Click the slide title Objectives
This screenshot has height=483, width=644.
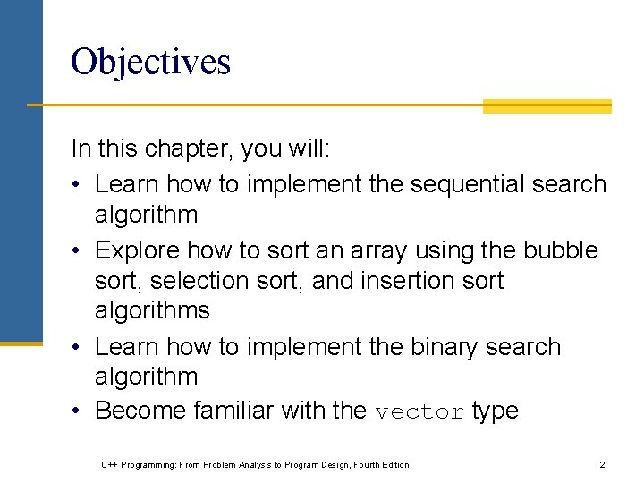[x=150, y=62]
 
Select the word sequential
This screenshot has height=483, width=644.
[x=467, y=184]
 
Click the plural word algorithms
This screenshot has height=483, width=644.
[x=152, y=311]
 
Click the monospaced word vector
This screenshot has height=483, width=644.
[x=419, y=412]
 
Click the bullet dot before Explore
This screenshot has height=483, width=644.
[x=78, y=251]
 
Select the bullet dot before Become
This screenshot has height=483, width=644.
[x=78, y=411]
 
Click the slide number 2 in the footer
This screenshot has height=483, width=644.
[x=602, y=464]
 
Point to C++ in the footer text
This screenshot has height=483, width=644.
[x=110, y=464]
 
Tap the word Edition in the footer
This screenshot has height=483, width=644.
[x=394, y=464]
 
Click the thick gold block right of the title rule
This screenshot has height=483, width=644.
[x=547, y=106]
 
